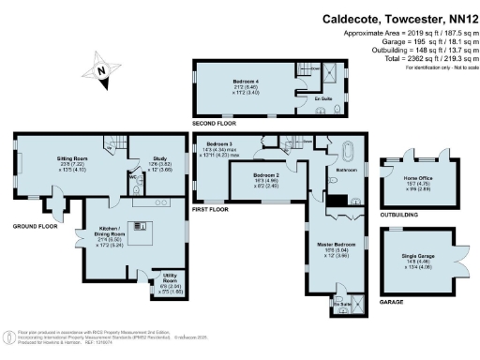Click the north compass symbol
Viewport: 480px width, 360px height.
click(x=101, y=69)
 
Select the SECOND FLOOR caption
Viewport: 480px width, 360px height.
click(x=215, y=125)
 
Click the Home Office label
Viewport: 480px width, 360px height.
click(x=418, y=178)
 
